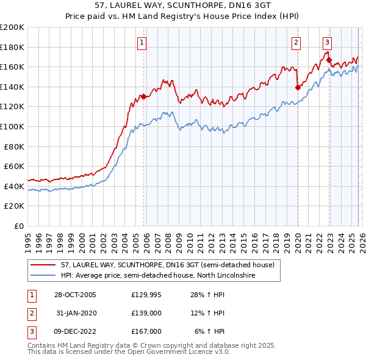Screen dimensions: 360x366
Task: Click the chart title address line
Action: [183, 5]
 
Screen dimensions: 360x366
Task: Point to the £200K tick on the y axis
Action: [13, 27]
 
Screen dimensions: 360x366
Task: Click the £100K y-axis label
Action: [13, 126]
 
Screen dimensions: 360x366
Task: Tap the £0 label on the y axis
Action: [19, 226]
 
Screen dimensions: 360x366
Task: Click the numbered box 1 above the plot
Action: [142, 43]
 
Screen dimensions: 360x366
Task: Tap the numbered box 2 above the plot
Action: [296, 43]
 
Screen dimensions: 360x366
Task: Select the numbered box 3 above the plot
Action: [327, 43]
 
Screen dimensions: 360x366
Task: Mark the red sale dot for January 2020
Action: [298, 87]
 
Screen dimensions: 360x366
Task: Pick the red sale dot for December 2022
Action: [329, 60]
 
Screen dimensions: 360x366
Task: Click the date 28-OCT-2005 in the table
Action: [75, 295]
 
